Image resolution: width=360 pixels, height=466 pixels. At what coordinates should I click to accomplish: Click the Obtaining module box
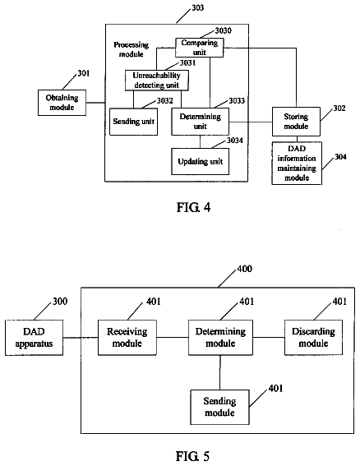click(x=62, y=103)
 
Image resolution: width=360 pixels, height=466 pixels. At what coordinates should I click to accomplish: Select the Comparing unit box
click(x=199, y=48)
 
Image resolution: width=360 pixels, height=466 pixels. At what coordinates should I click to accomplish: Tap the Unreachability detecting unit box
click(x=157, y=81)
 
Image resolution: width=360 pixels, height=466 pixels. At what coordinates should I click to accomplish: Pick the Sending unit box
click(x=133, y=122)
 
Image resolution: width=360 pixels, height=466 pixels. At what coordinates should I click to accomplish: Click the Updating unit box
click(x=200, y=161)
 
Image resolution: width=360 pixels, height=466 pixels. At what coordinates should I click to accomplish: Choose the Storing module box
click(x=296, y=122)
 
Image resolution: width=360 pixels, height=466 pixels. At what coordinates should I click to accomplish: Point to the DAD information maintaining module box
click(x=297, y=164)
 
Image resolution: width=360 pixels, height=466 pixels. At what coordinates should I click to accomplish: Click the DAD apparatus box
click(x=34, y=338)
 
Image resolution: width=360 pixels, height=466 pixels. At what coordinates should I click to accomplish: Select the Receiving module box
click(x=127, y=338)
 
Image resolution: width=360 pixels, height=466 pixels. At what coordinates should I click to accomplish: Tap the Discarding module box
click(x=313, y=338)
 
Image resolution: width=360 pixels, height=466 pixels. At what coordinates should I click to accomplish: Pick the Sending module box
click(x=219, y=407)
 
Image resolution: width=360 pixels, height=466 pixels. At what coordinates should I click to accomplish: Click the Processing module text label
click(x=132, y=49)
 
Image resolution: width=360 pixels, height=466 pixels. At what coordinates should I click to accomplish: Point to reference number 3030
click(x=224, y=30)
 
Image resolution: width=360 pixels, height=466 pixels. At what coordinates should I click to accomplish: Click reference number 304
click(x=340, y=157)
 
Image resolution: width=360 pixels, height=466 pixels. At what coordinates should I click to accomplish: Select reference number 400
click(x=244, y=269)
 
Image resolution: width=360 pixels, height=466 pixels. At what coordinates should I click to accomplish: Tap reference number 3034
click(x=235, y=141)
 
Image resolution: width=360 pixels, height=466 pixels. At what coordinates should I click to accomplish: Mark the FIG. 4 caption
click(x=193, y=207)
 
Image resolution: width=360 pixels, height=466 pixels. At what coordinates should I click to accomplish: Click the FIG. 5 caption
click(x=192, y=456)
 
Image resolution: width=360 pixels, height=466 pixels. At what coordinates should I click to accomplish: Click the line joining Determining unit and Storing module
click(x=251, y=122)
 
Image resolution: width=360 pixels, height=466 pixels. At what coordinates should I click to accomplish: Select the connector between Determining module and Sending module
click(x=220, y=372)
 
